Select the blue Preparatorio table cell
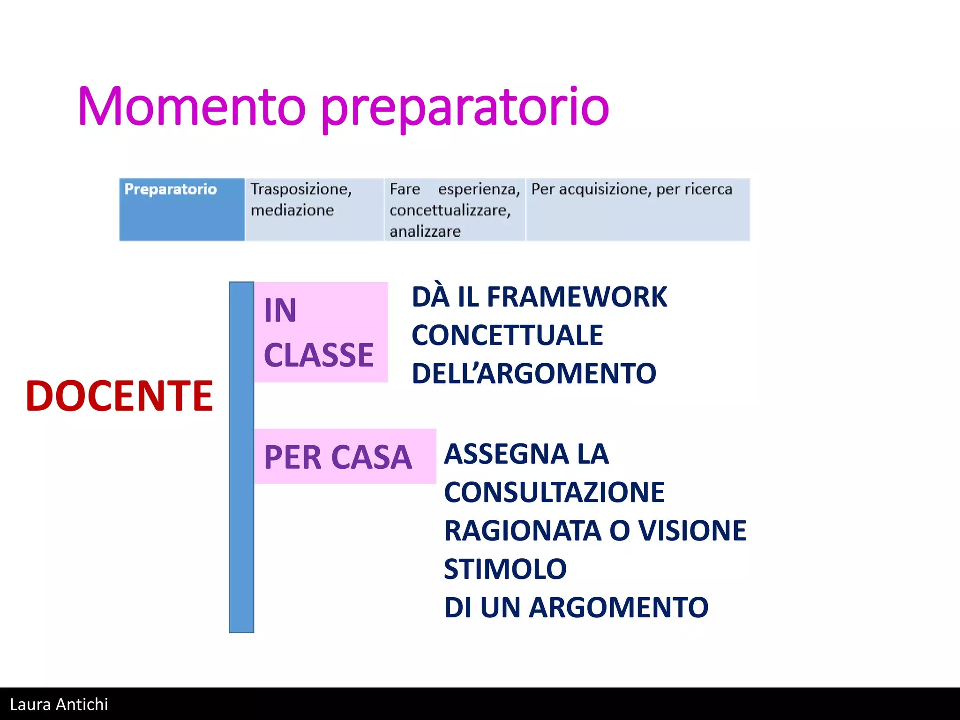click(x=182, y=210)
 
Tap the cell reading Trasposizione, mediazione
click(x=314, y=210)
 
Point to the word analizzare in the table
click(x=425, y=232)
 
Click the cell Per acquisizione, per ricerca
click(x=637, y=210)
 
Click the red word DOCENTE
click(x=120, y=396)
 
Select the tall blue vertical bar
click(x=241, y=457)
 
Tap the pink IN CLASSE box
click(x=321, y=332)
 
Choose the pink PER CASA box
click(x=345, y=457)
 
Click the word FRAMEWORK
click(x=577, y=297)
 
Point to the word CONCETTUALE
click(x=507, y=336)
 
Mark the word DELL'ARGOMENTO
click(x=534, y=374)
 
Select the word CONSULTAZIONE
click(x=554, y=493)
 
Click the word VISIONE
click(x=692, y=531)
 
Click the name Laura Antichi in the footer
click(x=59, y=705)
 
